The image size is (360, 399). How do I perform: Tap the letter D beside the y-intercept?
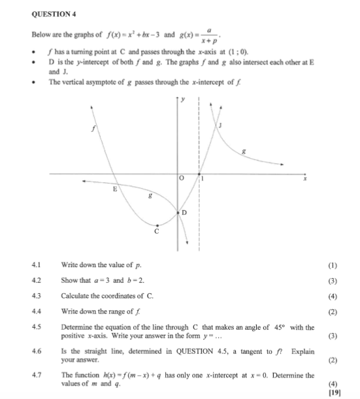184,214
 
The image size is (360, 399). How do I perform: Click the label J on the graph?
221,125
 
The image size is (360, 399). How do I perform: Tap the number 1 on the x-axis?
203,178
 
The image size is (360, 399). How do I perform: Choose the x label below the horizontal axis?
304,185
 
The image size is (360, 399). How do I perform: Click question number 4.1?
36,265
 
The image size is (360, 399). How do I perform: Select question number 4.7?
36,375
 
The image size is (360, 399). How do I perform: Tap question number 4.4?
36,311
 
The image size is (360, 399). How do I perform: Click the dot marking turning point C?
157,224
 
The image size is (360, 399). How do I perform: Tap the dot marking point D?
178,212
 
